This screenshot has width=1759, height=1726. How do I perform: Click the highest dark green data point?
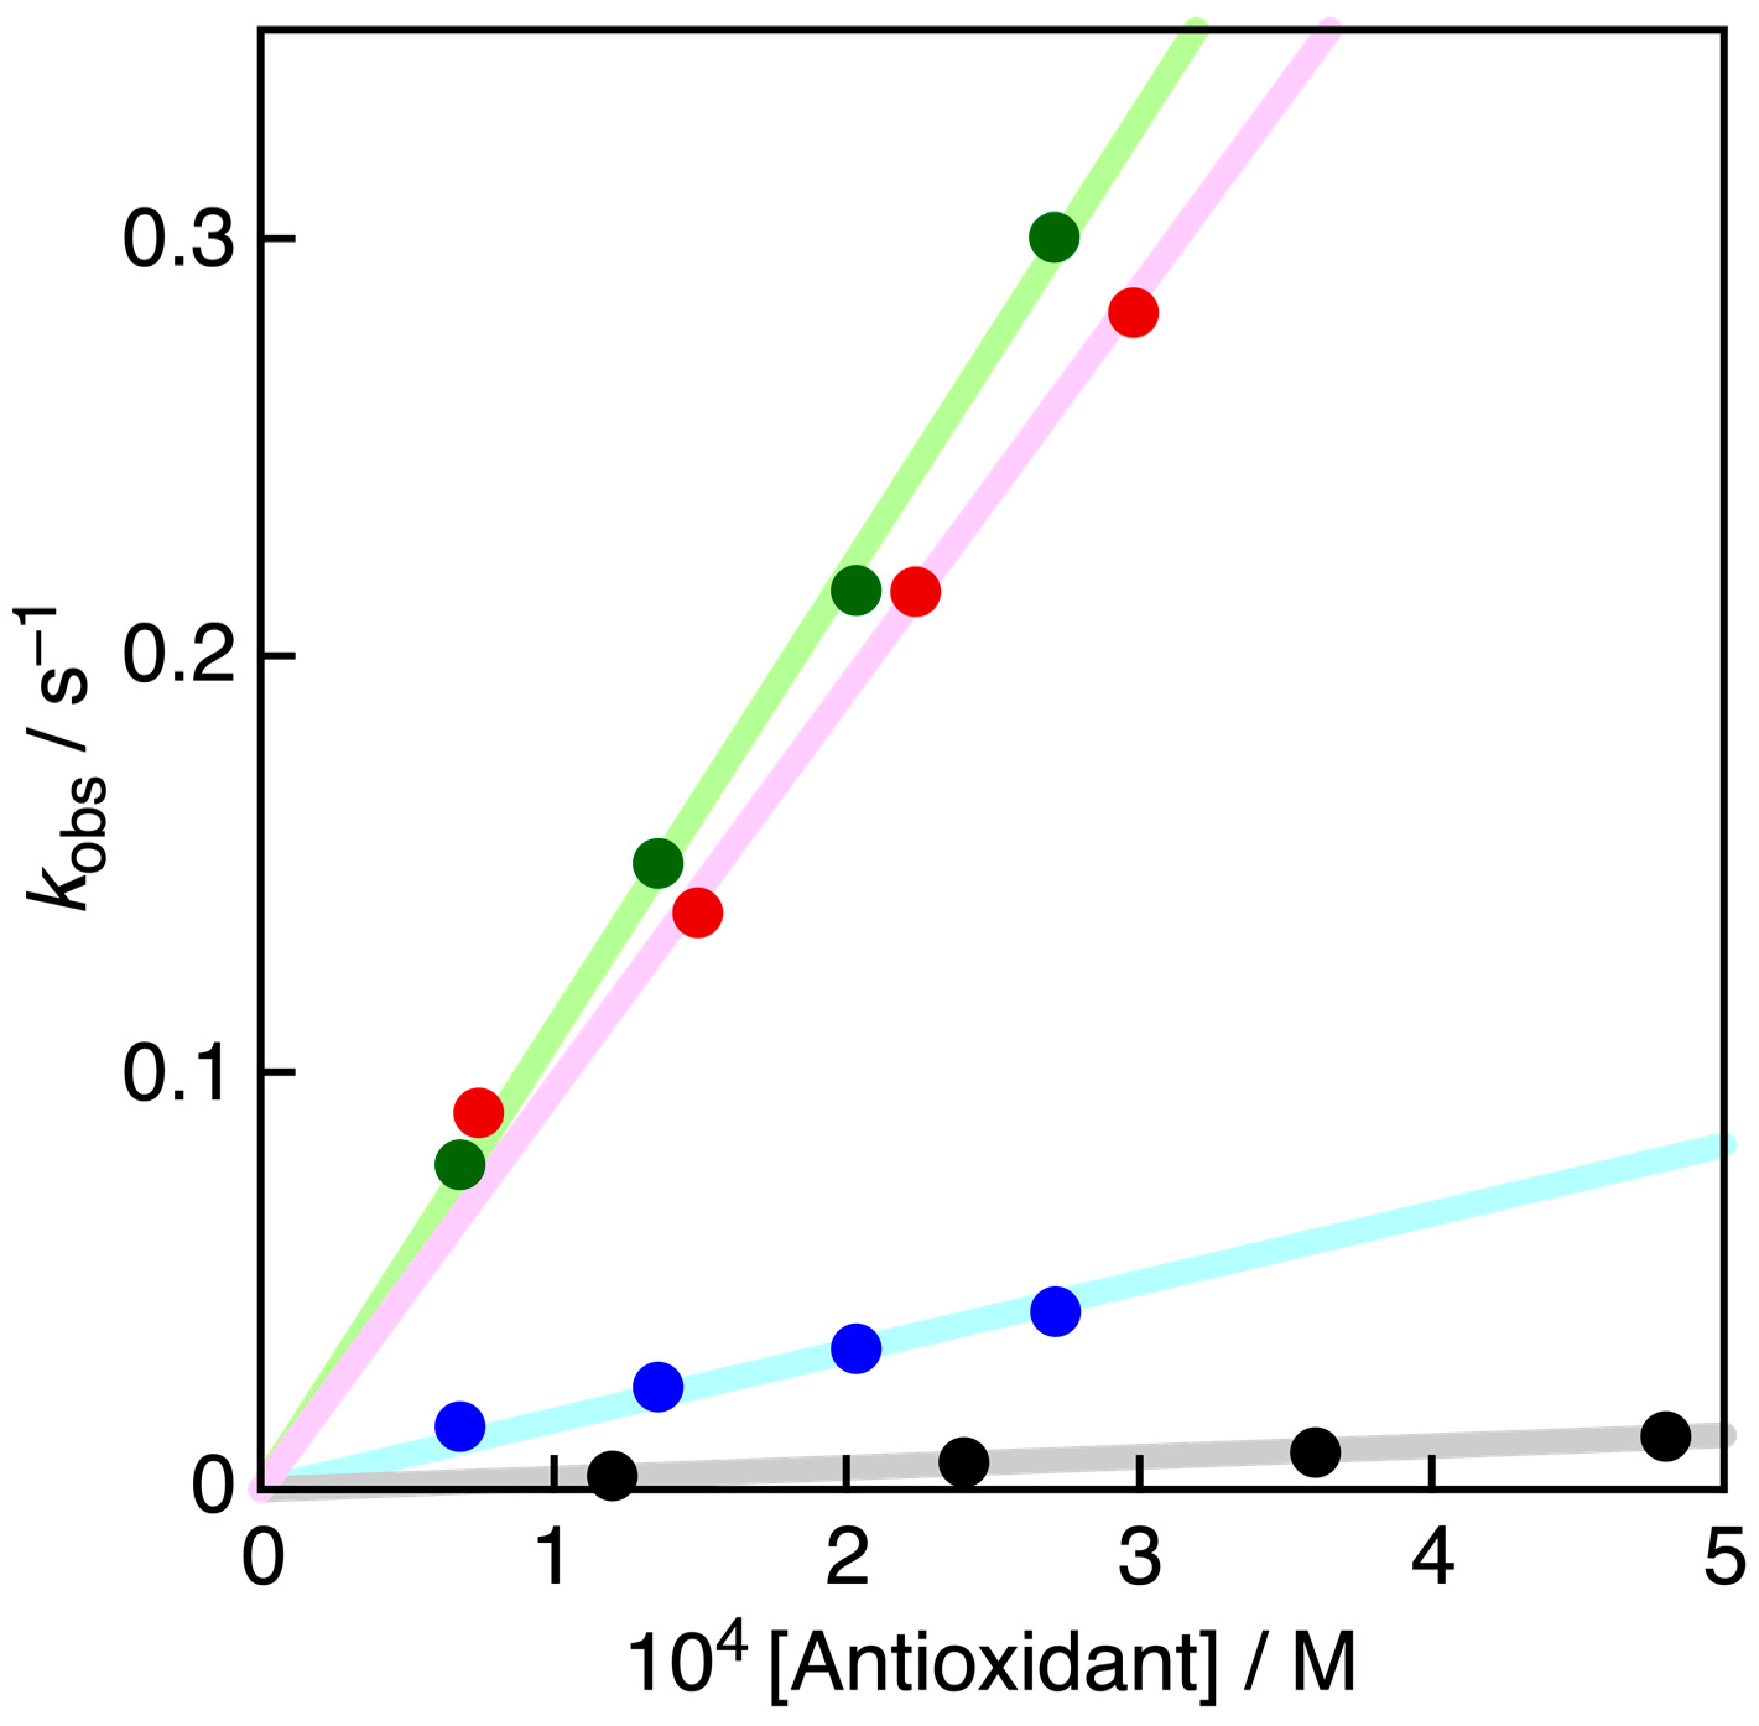1054,238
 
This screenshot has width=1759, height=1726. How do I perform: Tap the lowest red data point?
478,1111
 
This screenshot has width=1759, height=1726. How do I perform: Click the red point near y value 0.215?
915,592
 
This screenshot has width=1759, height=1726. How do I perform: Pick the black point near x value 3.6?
1315,1451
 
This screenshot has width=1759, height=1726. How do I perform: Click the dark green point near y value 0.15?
658,863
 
